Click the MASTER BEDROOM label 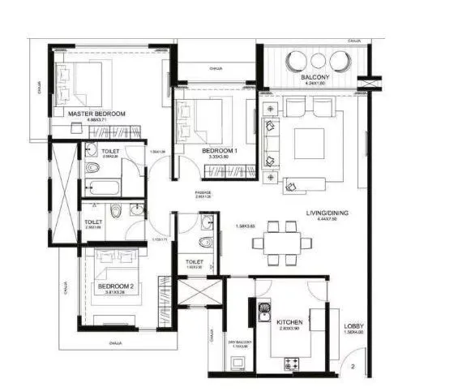[x=96, y=114]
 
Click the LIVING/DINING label [x=327, y=213]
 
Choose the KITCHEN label [x=289, y=323]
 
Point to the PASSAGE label [x=203, y=192]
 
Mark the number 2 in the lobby [x=353, y=367]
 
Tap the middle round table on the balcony [x=318, y=59]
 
